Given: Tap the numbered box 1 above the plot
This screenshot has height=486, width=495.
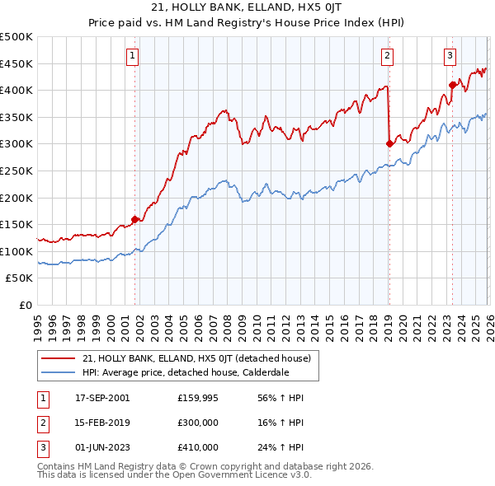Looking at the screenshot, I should pyautogui.click(x=133, y=56).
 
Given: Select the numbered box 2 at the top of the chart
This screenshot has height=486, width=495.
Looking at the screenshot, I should pyautogui.click(x=387, y=56).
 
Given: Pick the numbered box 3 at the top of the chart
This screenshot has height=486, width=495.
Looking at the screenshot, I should pyautogui.click(x=450, y=56).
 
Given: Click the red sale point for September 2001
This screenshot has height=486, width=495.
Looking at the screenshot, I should pyautogui.click(x=134, y=219).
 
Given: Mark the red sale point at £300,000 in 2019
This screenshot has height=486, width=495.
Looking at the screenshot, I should pyautogui.click(x=389, y=143).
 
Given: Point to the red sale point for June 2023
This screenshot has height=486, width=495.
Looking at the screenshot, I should pyautogui.click(x=452, y=84).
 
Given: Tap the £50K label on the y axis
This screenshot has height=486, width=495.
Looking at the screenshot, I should pyautogui.click(x=20, y=278).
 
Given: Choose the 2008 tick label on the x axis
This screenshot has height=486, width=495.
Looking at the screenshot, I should pyautogui.click(x=227, y=324).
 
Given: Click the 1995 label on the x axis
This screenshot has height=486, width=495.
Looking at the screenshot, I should pyautogui.click(x=38, y=324).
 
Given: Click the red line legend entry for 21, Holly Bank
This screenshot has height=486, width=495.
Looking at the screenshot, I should pyautogui.click(x=196, y=358).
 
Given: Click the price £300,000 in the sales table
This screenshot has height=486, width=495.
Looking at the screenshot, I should pyautogui.click(x=198, y=423).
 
